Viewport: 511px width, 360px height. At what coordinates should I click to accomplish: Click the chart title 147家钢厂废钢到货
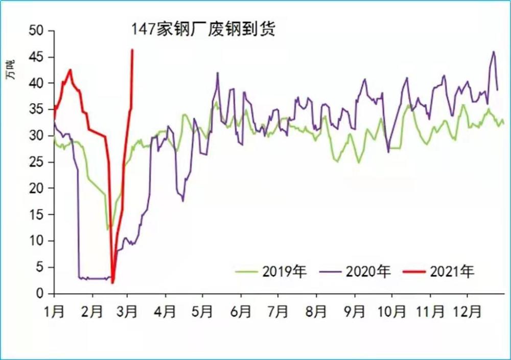(203, 29)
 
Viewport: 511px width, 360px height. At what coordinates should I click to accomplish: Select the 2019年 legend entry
(271, 271)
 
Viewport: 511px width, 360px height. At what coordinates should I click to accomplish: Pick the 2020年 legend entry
(355, 271)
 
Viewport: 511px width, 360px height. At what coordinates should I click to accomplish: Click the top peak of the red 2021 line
(132, 50)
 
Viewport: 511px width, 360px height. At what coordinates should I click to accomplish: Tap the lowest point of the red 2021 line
(112, 282)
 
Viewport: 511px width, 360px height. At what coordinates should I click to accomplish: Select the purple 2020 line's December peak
(494, 52)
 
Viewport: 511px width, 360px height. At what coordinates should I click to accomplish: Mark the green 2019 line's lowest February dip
(108, 229)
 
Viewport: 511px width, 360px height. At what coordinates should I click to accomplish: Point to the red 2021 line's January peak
(70, 70)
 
